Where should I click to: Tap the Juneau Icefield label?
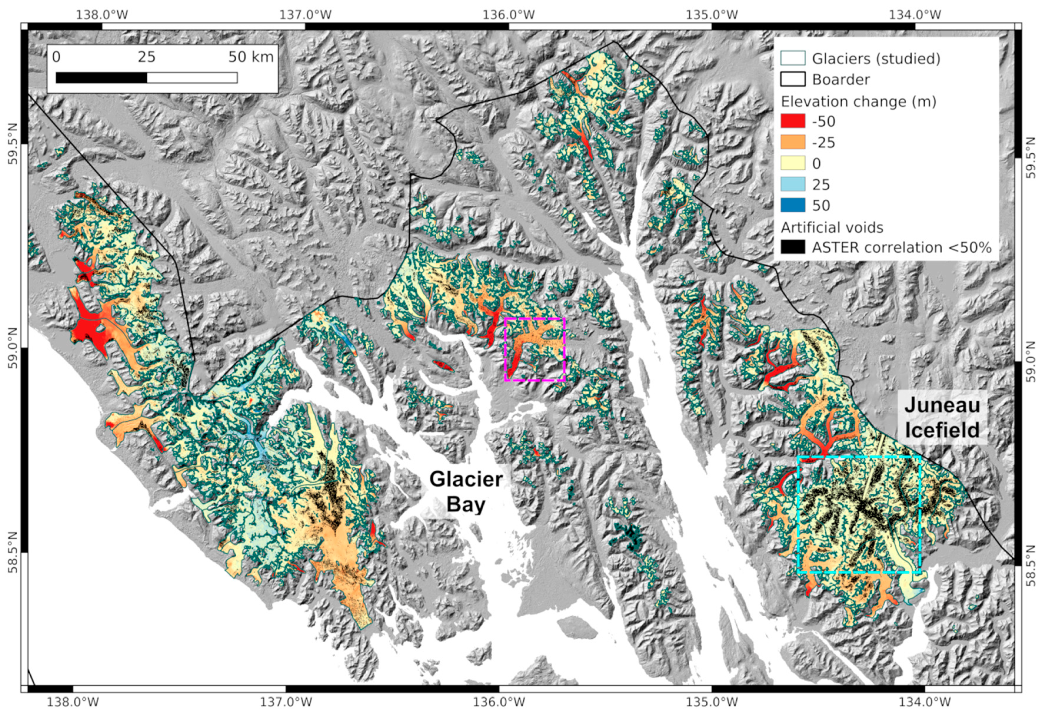(942, 418)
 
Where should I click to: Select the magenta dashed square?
(535, 318)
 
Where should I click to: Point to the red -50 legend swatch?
(793, 121)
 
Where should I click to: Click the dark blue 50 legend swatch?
(793, 205)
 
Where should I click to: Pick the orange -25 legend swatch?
(793, 142)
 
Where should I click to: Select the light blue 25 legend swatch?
(793, 184)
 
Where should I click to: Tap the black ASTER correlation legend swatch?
(793, 247)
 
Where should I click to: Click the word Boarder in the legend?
(841, 80)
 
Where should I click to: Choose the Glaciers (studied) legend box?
(793, 59)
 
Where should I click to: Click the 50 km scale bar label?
(251, 57)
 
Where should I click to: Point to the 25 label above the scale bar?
(146, 57)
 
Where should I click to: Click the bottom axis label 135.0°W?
(712, 702)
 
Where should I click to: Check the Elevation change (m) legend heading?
(858, 102)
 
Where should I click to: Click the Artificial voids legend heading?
(832, 227)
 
